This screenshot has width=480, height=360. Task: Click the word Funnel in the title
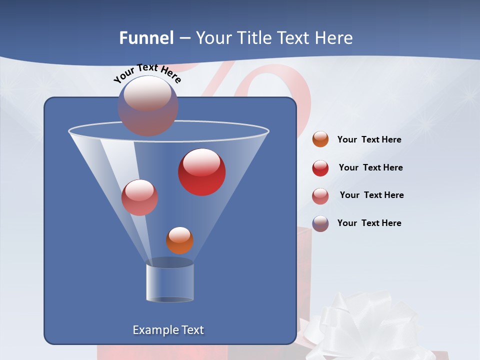(x=146, y=38)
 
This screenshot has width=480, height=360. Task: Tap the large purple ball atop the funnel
(x=147, y=105)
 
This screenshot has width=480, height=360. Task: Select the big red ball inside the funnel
(x=202, y=172)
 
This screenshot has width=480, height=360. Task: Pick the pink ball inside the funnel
(x=139, y=197)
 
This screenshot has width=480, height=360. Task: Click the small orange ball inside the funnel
(x=179, y=240)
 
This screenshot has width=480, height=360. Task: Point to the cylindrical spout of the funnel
(x=169, y=282)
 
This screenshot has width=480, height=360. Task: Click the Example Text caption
(x=168, y=330)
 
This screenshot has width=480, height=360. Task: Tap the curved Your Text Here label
(x=147, y=73)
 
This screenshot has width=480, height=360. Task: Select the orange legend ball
(x=320, y=139)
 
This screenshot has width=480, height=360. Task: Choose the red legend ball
(x=320, y=168)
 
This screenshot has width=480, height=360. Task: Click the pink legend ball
(x=320, y=195)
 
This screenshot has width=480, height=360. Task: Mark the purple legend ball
(x=320, y=223)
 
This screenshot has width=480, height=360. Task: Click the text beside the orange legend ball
(x=369, y=140)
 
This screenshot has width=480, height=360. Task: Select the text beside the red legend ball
(x=370, y=168)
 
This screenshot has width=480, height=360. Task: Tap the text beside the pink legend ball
(x=371, y=195)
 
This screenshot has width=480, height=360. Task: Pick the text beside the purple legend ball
(x=369, y=223)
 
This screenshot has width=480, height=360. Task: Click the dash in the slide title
(x=184, y=38)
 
